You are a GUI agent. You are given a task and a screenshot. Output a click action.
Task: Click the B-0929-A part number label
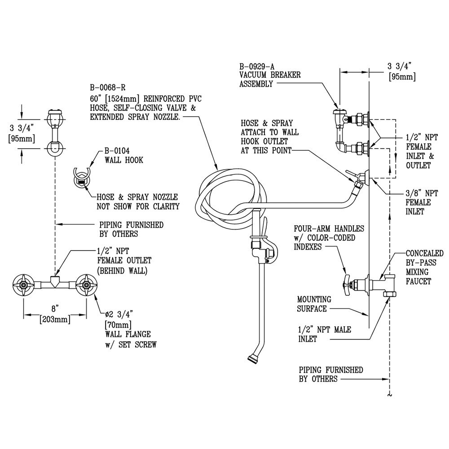coord(255,66)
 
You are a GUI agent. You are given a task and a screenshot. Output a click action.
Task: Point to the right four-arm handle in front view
coord(86,284)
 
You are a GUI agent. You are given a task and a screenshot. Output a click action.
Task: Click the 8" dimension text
coord(55,308)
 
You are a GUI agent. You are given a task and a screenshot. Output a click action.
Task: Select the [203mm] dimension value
coord(55,319)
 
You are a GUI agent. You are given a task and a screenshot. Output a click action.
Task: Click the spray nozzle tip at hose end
coord(252,358)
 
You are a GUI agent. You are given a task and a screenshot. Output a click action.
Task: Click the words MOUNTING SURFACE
coord(314,304)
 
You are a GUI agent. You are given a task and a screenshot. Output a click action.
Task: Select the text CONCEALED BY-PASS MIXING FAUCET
coord(424,267)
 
